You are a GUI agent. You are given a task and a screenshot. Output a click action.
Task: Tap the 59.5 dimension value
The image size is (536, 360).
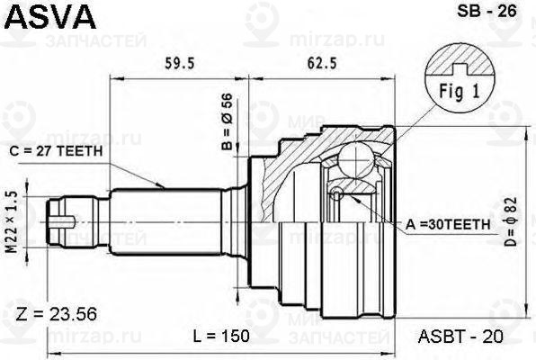pos(180,63)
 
